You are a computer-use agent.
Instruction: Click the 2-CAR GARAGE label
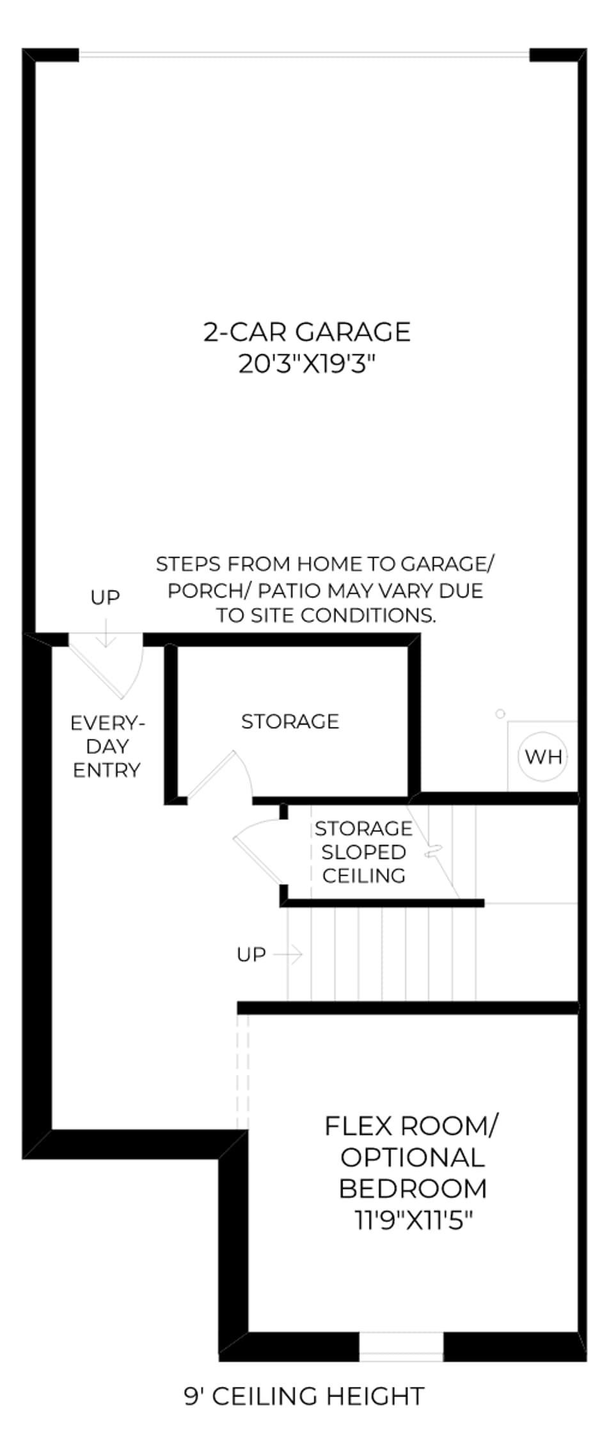coord(307,332)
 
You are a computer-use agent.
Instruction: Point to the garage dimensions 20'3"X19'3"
coord(306,364)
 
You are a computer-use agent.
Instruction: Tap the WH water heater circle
coord(543,756)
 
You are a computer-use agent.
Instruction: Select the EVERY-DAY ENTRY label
coord(107,746)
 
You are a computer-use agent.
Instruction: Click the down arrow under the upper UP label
coord(106,631)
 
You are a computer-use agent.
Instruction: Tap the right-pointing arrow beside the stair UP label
coord(288,955)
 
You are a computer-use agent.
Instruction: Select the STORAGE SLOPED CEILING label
coord(363,852)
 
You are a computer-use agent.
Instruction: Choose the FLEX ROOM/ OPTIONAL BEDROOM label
coord(413,1157)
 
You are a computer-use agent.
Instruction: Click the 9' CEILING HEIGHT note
coord(304,1396)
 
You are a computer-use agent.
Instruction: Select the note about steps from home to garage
coord(325,589)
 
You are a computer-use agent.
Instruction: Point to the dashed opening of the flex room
coord(242,1071)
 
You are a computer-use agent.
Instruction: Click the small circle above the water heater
coord(500,714)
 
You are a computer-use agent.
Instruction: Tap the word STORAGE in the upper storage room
coord(290,721)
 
